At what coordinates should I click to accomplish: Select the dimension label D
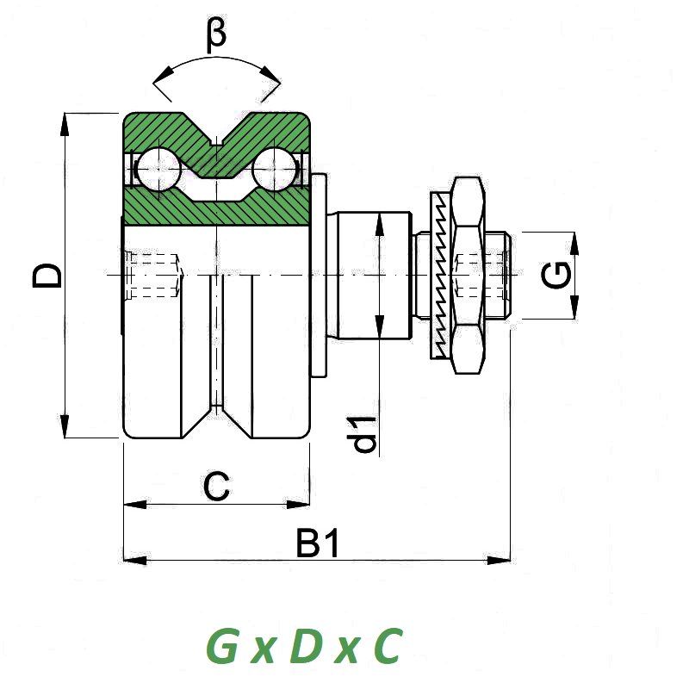click(47, 276)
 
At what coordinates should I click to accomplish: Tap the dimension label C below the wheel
click(216, 487)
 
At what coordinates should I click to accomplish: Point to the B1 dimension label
click(318, 543)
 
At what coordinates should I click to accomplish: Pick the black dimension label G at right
click(556, 275)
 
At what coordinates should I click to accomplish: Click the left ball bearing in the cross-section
click(158, 170)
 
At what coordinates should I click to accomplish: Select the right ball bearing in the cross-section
click(275, 170)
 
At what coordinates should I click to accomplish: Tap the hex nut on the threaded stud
click(469, 276)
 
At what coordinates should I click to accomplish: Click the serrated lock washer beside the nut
click(441, 276)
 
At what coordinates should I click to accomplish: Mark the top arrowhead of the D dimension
click(65, 124)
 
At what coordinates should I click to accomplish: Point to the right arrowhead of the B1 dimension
click(499, 561)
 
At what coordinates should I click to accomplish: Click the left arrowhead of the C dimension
click(135, 505)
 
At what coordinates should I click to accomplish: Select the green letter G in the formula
click(223, 645)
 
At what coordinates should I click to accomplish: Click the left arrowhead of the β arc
click(163, 74)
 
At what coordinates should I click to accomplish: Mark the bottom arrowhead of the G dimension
click(574, 307)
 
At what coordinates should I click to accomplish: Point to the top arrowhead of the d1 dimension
click(380, 224)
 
